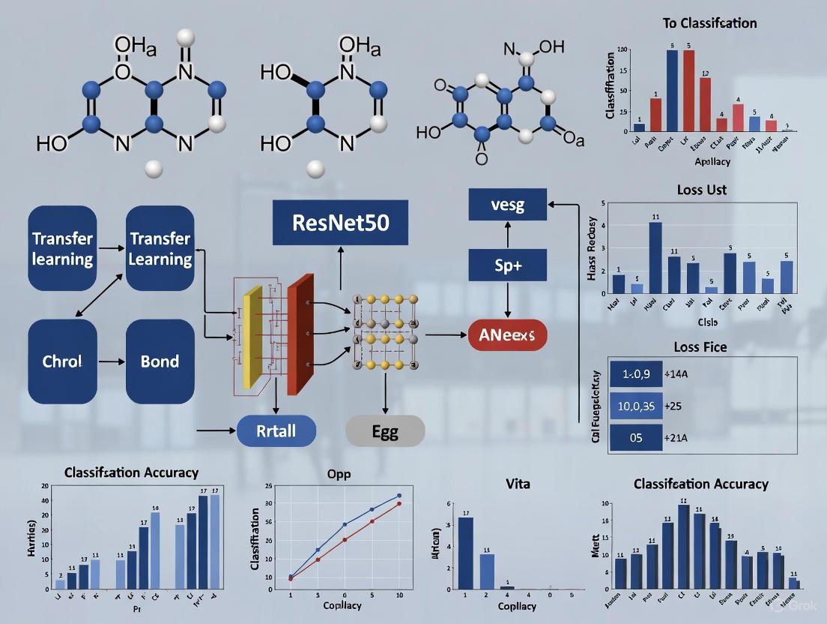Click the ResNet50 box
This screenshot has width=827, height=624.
340,223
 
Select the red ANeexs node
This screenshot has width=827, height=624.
508,334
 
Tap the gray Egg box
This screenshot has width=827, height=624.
385,431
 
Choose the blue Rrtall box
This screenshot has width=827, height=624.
276,431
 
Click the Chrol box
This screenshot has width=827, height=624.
63,361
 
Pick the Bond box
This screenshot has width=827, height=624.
160,361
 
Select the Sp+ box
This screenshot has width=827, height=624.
508,265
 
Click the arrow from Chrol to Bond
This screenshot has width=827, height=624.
112,361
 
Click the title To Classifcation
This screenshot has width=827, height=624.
709,23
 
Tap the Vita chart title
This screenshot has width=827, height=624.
518,484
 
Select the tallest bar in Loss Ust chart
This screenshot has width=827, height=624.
655,257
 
